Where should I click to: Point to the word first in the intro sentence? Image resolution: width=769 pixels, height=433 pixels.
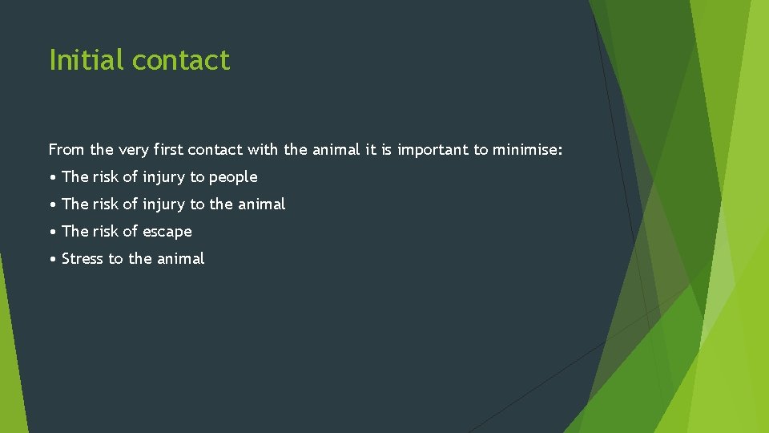tap(167, 149)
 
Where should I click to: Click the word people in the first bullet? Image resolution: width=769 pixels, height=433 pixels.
tap(233, 177)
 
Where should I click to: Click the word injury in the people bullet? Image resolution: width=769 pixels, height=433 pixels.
tap(163, 177)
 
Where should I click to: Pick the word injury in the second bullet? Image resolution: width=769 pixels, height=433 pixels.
tap(163, 204)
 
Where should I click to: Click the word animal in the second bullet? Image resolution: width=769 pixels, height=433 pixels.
tap(261, 204)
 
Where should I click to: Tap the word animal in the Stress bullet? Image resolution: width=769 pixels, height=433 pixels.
tap(180, 259)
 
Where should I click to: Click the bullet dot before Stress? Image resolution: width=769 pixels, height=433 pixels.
tap(52, 259)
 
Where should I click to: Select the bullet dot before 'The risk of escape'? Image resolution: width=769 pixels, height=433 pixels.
tap(52, 232)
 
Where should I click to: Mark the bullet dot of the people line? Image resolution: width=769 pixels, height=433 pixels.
tap(52, 177)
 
